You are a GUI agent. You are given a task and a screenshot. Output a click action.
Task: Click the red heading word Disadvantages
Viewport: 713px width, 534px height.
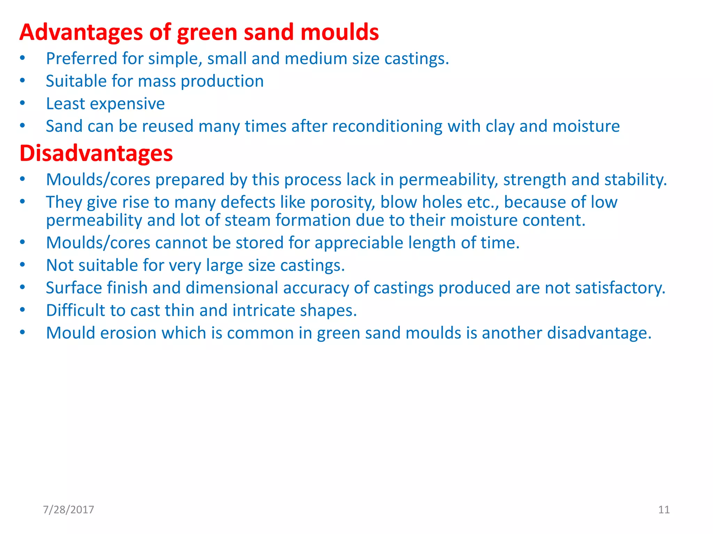click(96, 153)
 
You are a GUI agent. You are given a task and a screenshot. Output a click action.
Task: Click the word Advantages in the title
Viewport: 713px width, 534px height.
click(81, 32)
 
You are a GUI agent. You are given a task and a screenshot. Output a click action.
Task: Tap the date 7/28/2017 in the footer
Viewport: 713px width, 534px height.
click(68, 510)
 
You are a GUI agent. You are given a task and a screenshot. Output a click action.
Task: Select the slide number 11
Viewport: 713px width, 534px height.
click(664, 510)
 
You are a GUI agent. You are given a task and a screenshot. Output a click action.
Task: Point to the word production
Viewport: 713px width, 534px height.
click(222, 81)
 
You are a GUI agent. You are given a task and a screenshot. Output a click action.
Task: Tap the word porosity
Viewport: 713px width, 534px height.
click(342, 202)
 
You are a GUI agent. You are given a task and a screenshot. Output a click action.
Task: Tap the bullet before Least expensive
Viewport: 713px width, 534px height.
click(23, 103)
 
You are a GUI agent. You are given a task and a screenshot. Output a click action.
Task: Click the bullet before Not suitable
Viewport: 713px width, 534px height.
click(23, 265)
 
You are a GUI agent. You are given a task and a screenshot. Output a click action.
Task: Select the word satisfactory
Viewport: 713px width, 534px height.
click(620, 288)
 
